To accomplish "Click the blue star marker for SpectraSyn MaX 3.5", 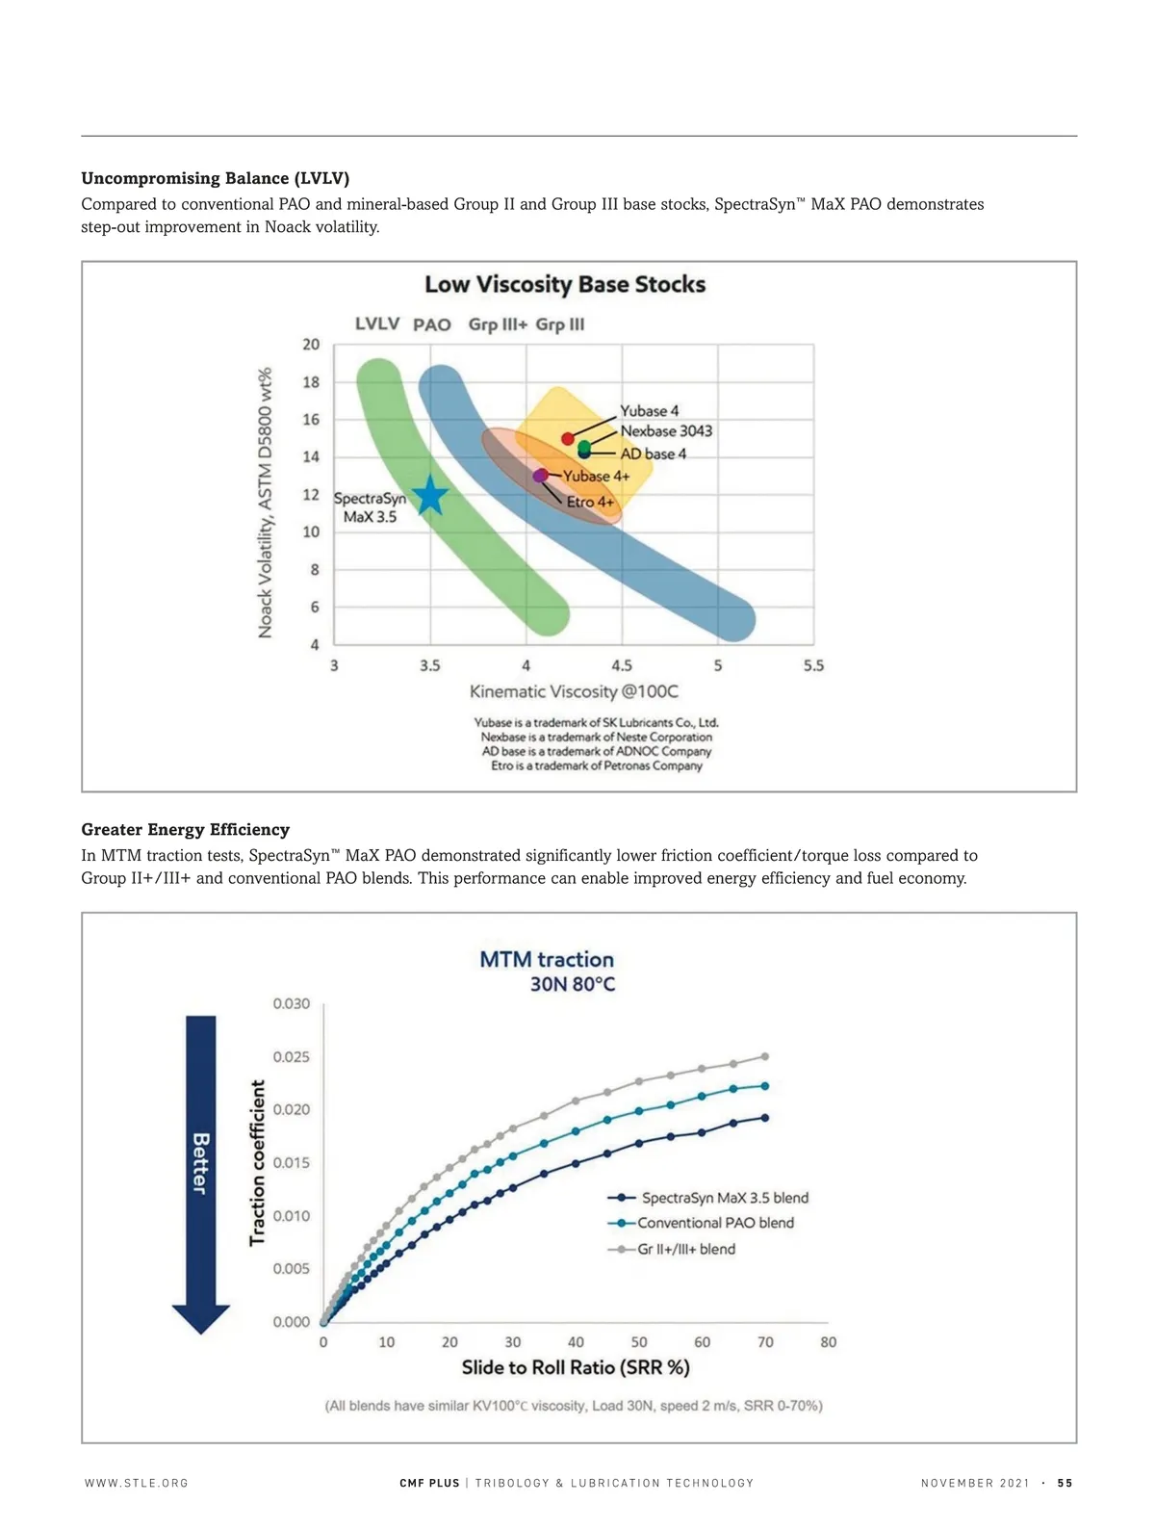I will [x=430, y=495].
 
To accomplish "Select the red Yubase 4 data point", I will [x=568, y=438].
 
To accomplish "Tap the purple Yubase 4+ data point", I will [x=541, y=475].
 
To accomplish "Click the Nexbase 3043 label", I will [x=666, y=430].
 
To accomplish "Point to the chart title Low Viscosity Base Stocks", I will [x=565, y=285].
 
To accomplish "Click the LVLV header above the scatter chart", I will [x=377, y=324].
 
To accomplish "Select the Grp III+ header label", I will [x=498, y=324].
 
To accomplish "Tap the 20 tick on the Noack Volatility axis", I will [x=311, y=344].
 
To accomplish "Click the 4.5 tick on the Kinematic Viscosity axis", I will [x=622, y=665].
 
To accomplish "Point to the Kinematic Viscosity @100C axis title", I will [x=574, y=691].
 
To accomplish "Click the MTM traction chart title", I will [x=547, y=960].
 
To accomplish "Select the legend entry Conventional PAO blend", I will [x=715, y=1223].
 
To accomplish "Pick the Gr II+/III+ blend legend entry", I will [x=686, y=1249].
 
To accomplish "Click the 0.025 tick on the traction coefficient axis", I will [x=291, y=1056].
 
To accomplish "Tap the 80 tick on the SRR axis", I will [x=829, y=1342].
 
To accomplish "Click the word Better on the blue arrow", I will [x=200, y=1163].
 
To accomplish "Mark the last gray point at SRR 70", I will [x=765, y=1056].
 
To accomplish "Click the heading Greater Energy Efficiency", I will [x=185, y=829].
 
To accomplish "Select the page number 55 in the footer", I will [x=1065, y=1483].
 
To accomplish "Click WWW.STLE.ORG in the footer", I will [x=137, y=1483].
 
